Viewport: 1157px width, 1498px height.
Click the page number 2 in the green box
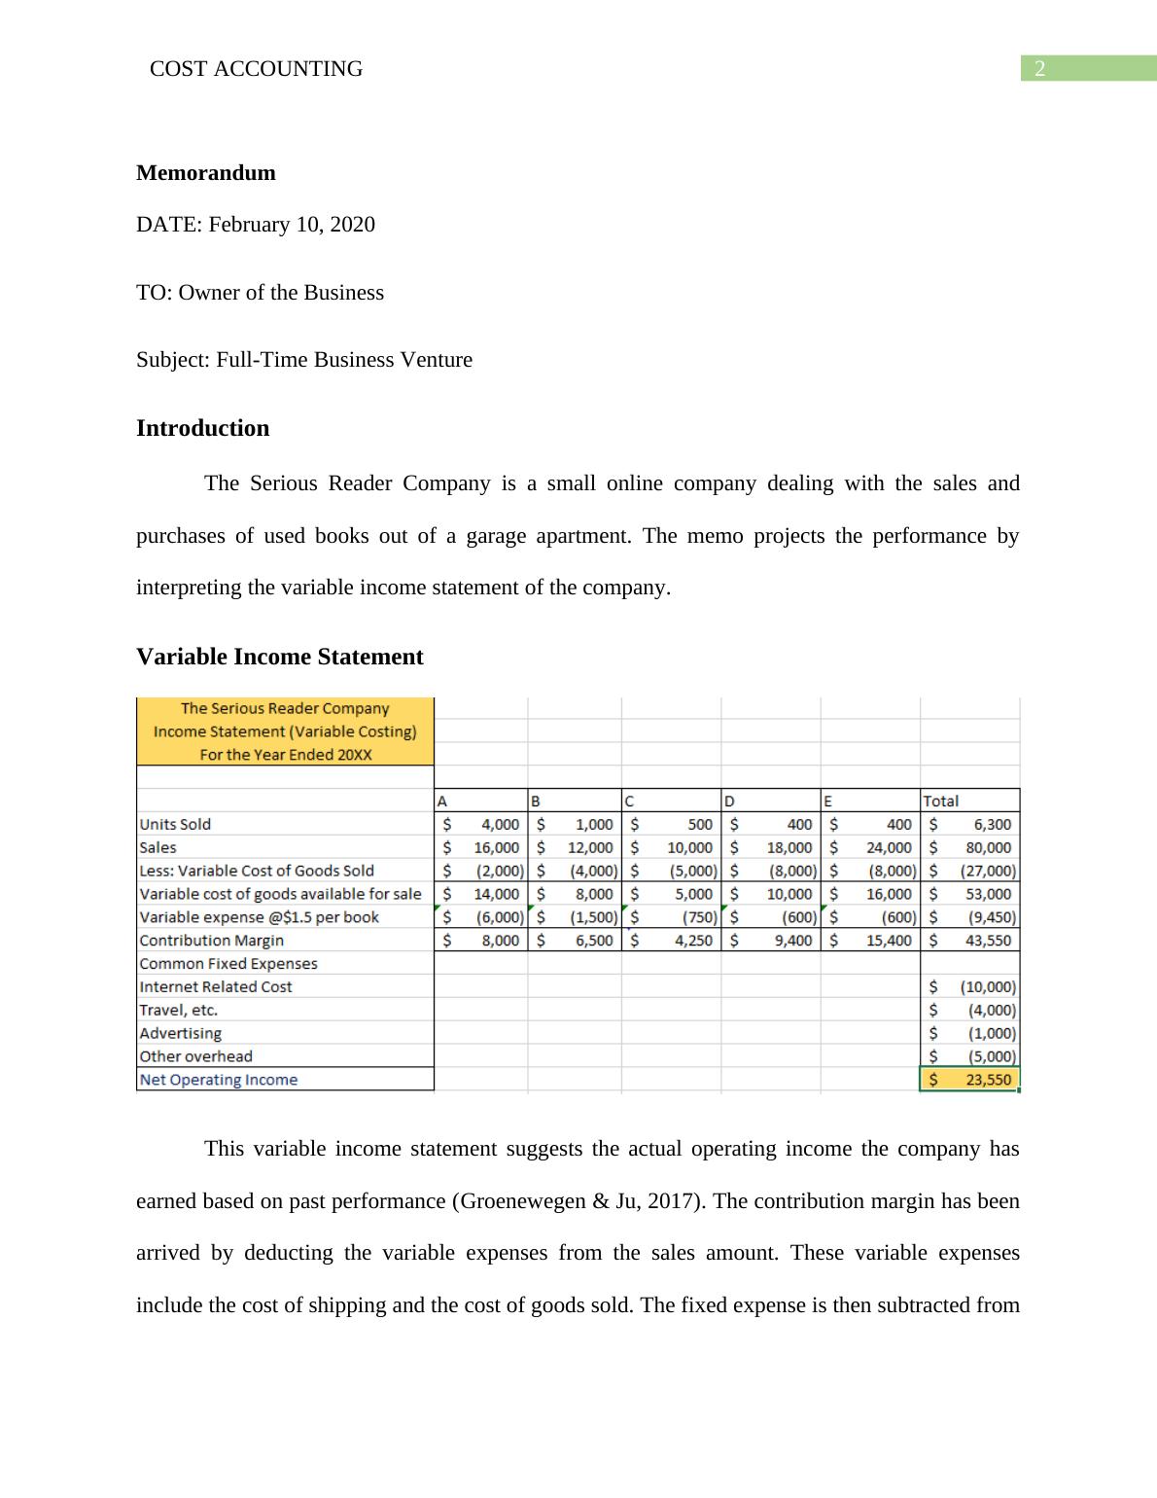tap(1040, 69)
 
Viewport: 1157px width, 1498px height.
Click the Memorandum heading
tap(206, 173)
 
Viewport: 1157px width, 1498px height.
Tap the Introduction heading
tap(202, 428)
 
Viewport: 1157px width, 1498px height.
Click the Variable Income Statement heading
tap(280, 657)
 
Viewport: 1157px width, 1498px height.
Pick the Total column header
tap(940, 801)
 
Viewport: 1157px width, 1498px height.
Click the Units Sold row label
tap(175, 824)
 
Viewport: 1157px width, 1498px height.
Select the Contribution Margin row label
tap(212, 941)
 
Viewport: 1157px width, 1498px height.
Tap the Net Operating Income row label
tap(219, 1080)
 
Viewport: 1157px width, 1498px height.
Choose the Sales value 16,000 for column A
tap(497, 847)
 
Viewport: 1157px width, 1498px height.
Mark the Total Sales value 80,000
tap(988, 847)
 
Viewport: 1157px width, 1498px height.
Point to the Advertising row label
tap(181, 1033)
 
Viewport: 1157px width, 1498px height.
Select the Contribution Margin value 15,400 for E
tap(889, 941)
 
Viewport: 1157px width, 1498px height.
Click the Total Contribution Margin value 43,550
tap(988, 941)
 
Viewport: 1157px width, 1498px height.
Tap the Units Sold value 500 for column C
tap(700, 824)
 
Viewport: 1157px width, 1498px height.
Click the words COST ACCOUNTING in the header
tap(257, 69)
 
